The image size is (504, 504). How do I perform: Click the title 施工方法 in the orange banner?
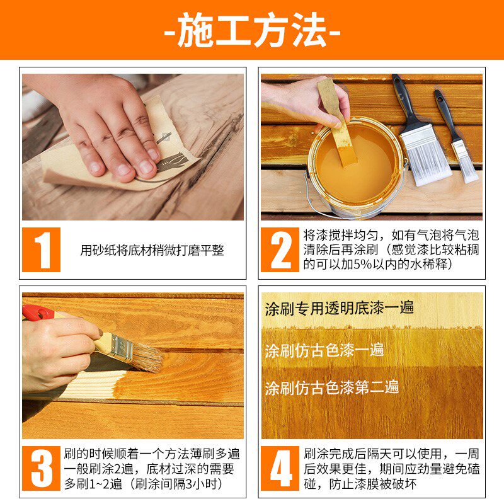tap(252, 30)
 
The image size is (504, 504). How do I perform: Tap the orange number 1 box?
tap(41, 249)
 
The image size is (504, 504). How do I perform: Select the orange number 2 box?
tap(280, 249)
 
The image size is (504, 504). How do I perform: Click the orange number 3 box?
tap(41, 468)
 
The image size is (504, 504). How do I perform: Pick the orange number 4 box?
tap(280, 468)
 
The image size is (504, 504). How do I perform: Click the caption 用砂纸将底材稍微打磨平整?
tap(152, 250)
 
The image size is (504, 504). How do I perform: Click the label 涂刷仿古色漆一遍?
tap(324, 350)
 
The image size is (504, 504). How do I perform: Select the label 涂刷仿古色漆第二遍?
tap(332, 387)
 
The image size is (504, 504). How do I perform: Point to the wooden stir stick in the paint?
tap(338, 122)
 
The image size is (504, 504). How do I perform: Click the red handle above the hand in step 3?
tap(38, 312)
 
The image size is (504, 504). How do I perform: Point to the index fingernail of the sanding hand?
tap(147, 167)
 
